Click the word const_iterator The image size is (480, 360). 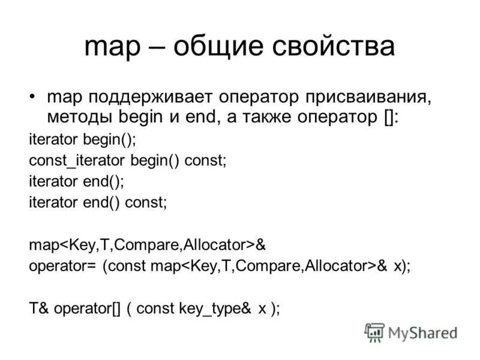76,161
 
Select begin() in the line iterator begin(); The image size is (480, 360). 114,141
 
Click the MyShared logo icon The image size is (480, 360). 375,332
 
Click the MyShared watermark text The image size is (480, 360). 422,332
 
